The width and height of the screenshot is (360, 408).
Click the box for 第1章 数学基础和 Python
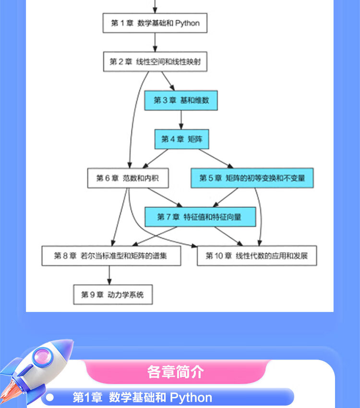point(155,23)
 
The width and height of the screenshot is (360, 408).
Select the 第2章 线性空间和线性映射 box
point(155,61)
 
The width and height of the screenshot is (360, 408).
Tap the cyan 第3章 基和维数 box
point(180,100)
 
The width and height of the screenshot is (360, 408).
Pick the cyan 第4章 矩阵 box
point(181,139)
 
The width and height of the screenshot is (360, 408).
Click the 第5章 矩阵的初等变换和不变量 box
point(252,178)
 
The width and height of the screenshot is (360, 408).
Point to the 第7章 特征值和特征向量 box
point(200,217)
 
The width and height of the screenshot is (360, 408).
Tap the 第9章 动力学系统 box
point(113,295)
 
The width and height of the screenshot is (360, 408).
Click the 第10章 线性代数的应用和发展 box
point(256,256)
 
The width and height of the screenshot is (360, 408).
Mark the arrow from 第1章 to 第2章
point(155,42)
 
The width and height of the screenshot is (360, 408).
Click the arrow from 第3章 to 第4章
point(181,120)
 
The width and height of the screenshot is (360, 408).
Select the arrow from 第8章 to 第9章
point(110,276)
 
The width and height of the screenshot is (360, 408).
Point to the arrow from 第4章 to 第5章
point(214,158)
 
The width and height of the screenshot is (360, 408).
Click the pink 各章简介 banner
point(176,372)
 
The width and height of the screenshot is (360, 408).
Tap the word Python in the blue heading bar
point(191,398)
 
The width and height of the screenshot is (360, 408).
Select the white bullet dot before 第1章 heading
point(49,398)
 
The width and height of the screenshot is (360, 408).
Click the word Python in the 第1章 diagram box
point(187,23)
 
